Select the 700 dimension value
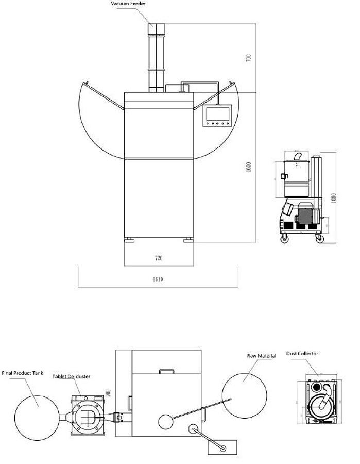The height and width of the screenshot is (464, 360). [249, 57]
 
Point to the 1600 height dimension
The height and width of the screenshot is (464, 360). [248, 167]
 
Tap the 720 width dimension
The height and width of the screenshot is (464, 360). [159, 258]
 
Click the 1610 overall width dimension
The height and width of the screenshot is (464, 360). [158, 279]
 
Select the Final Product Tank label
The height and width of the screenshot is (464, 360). [23, 372]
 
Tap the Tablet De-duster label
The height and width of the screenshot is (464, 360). [71, 377]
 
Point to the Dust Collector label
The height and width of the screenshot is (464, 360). [302, 354]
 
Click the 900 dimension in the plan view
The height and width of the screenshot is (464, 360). [108, 393]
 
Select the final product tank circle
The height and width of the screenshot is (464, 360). [36, 416]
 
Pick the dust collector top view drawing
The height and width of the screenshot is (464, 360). [319, 403]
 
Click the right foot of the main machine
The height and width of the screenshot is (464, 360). [188, 240]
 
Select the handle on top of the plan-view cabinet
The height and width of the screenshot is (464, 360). [166, 371]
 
